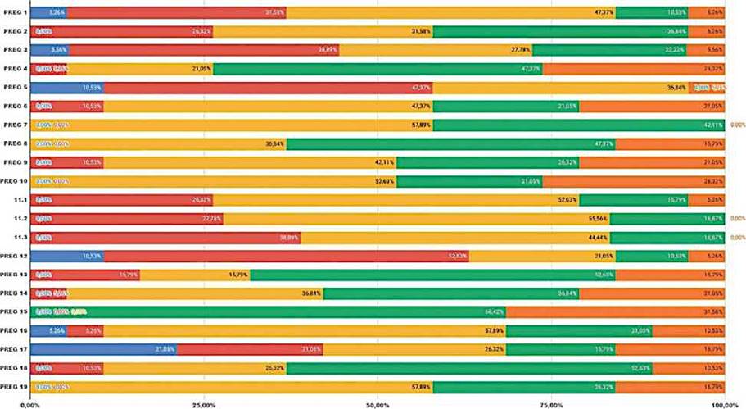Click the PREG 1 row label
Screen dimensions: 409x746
(x=15, y=13)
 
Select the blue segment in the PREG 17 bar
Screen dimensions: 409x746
(x=103, y=348)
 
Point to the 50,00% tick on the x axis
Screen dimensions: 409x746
(x=378, y=405)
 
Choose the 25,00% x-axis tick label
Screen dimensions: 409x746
(x=203, y=405)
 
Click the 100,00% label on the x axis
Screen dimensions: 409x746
(x=724, y=405)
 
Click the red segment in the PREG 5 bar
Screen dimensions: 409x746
(x=268, y=88)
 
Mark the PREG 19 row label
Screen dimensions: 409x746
(x=15, y=385)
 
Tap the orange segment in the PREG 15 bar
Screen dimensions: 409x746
(x=615, y=311)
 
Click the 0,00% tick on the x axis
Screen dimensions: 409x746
(x=30, y=405)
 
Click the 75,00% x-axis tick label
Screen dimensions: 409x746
(x=551, y=405)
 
